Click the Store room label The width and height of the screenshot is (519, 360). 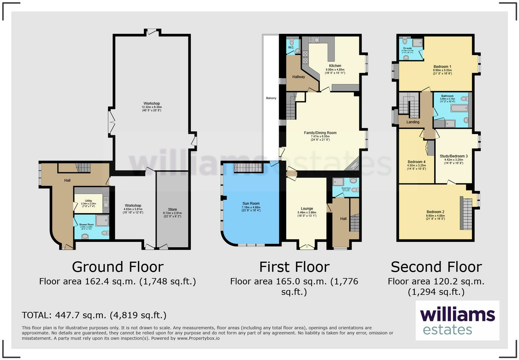click(172, 210)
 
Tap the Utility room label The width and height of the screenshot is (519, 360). click(89, 201)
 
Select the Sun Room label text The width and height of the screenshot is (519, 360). click(251, 203)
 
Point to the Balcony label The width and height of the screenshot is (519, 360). click(271, 98)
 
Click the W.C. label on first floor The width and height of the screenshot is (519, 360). click(291, 47)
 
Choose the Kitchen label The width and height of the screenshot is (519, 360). click(335, 66)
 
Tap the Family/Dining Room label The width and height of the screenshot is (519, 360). click(320, 133)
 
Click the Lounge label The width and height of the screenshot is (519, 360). click(307, 209)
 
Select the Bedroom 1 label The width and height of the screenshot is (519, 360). click(442, 67)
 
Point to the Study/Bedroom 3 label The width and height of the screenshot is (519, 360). click(453, 156)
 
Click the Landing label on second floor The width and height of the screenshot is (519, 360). click(413, 122)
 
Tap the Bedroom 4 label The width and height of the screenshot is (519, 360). click(416, 162)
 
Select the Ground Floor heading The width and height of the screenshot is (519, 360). click(117, 267)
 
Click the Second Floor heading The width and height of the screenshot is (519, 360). click(436, 267)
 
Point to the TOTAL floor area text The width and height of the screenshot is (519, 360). click(94, 315)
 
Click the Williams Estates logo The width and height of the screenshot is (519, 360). click(457, 320)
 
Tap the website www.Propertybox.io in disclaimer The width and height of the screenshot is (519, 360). click(198, 338)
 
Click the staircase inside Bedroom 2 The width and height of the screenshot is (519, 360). click(466, 213)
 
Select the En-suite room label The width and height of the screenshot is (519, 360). click(407, 48)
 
